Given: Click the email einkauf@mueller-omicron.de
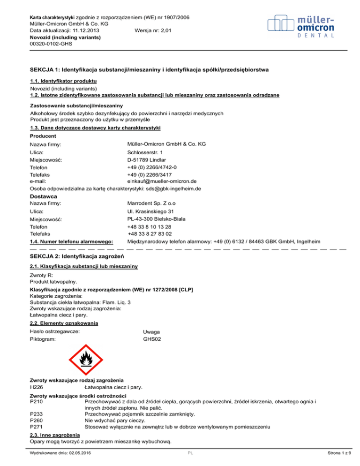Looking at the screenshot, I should [162, 181].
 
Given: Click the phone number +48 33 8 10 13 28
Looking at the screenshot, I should [150, 226].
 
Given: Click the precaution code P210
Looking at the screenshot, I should [37, 401].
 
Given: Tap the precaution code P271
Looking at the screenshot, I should [37, 427].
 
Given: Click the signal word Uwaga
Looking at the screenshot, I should [152, 332].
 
